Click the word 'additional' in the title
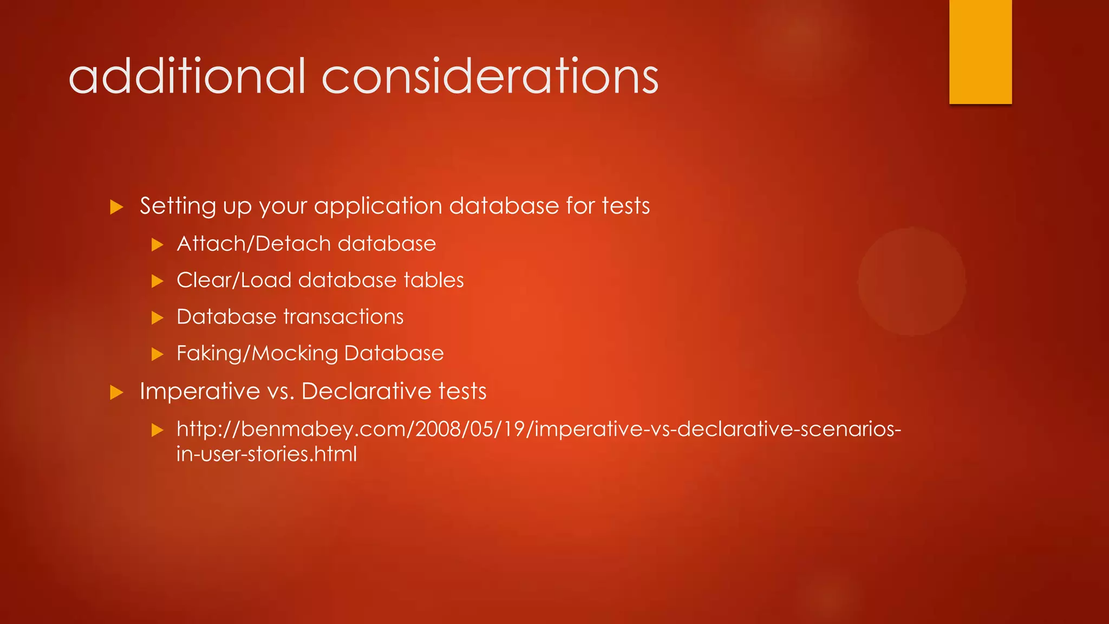coord(187,76)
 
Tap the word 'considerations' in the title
coord(490,76)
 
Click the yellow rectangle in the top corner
coord(980,51)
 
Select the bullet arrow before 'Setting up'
coord(116,207)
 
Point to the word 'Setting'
coord(178,206)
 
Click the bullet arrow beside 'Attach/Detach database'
coord(157,245)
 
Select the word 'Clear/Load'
coord(234,280)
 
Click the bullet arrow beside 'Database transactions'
coord(157,318)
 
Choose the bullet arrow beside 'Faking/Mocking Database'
coord(157,354)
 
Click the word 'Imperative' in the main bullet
coord(200,391)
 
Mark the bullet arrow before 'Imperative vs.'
coord(116,393)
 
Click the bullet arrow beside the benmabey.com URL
coord(157,431)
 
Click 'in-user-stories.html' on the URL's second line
coord(267,454)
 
